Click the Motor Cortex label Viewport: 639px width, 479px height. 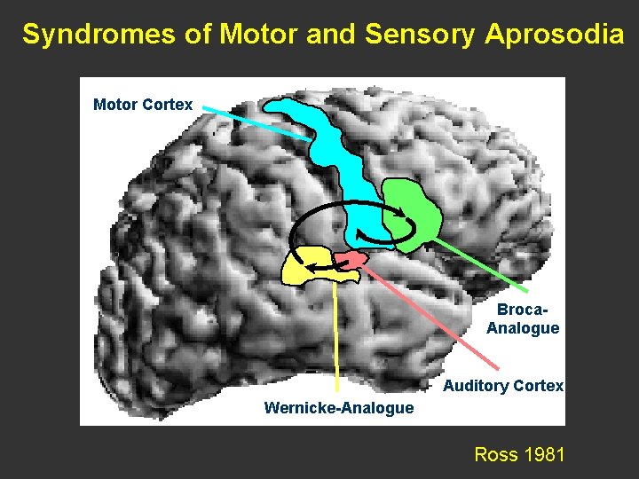pyautogui.click(x=142, y=105)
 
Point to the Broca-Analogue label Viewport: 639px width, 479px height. pyautogui.click(x=522, y=319)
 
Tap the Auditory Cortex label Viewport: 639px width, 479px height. pyautogui.click(x=502, y=386)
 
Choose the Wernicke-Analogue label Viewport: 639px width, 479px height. pyautogui.click(x=338, y=408)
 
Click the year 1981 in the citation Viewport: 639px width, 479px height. pyautogui.click(x=545, y=455)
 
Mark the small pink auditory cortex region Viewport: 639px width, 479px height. pyautogui.click(x=351, y=261)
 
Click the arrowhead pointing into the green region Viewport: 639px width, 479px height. pyautogui.click(x=404, y=213)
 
